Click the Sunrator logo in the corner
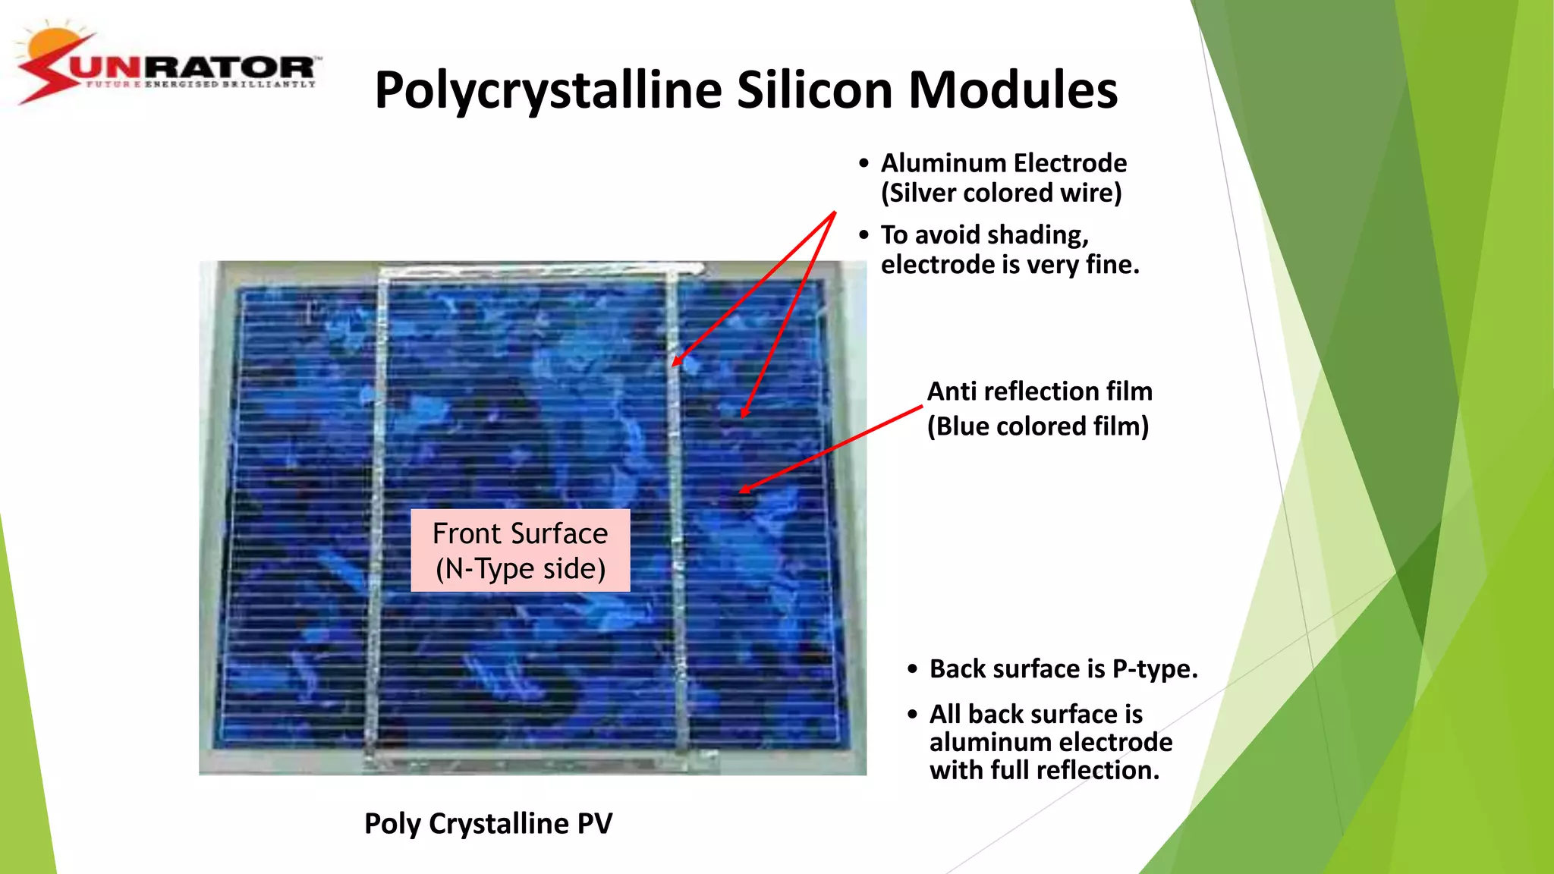(x=168, y=67)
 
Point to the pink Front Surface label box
(x=521, y=550)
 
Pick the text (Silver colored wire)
(x=1001, y=193)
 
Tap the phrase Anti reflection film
(x=1040, y=391)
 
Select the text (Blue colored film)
(x=1038, y=426)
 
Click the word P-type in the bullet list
(x=1154, y=669)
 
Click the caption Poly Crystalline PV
(x=488, y=824)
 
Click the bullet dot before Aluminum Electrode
(x=864, y=164)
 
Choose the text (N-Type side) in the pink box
(x=521, y=569)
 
